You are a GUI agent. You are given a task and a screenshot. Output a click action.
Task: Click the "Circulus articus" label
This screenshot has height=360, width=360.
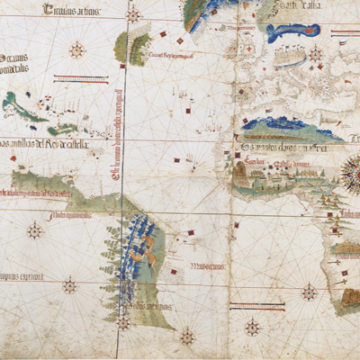pyautogui.click(x=70, y=12)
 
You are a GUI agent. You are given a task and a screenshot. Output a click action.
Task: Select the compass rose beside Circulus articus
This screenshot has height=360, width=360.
pyautogui.click(x=133, y=15)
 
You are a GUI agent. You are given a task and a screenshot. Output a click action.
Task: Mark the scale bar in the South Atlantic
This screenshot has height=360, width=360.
pyautogui.click(x=257, y=306)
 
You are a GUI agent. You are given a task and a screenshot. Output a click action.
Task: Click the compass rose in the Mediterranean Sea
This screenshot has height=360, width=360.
pyautogui.click(x=316, y=54)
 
